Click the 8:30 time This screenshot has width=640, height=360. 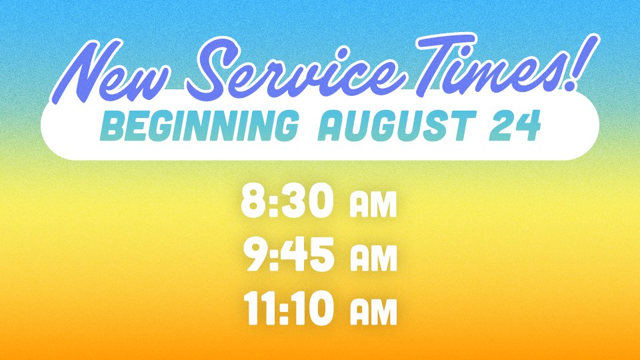tap(287, 201)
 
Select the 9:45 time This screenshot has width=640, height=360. tap(288, 255)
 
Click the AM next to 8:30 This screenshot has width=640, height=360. tap(373, 206)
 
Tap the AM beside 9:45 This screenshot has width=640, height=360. tap(373, 260)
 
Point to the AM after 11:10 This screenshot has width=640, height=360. tap(373, 314)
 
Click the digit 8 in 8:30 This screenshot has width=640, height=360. tap(253, 201)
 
